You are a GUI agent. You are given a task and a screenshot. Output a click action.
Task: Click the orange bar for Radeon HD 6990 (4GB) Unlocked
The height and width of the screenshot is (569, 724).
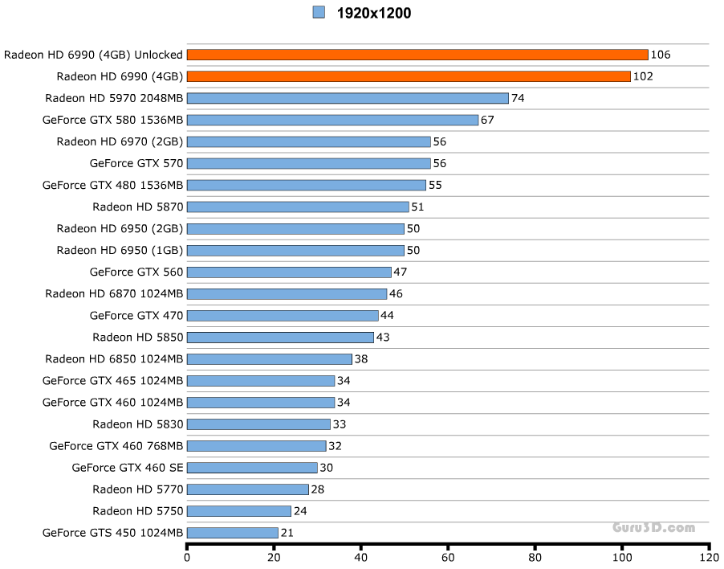[x=417, y=55]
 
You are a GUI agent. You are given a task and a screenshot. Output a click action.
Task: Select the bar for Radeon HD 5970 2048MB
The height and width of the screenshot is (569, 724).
[x=348, y=98]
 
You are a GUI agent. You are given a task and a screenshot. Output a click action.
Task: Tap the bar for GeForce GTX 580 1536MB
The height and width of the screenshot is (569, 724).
[x=332, y=120]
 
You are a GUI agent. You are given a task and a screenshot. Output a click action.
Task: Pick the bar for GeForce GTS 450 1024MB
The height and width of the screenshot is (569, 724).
[x=233, y=533]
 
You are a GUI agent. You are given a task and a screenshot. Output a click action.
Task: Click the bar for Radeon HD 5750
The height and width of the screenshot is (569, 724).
[x=239, y=511]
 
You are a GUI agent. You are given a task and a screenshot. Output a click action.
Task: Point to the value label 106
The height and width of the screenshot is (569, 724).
[x=661, y=55]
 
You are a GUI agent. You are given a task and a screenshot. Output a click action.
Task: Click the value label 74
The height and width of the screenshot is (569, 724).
[x=518, y=98]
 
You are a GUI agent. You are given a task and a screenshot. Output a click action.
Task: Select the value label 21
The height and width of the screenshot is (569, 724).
[x=287, y=533]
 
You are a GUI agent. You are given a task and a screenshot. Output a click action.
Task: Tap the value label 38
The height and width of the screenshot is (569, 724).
[x=361, y=359]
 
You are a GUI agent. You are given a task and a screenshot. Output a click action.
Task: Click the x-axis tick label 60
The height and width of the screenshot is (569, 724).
[x=448, y=556]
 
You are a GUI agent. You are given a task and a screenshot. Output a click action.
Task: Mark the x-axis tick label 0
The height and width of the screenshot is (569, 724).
[x=187, y=556]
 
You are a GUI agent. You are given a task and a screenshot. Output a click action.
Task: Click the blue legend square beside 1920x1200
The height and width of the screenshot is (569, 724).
[x=319, y=12]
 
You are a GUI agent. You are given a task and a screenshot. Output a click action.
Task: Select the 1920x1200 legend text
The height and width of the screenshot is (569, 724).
[x=373, y=13]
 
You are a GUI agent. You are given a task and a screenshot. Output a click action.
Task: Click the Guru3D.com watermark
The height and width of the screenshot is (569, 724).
[x=653, y=528]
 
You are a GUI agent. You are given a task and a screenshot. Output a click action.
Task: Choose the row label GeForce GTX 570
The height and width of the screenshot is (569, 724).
[x=136, y=163]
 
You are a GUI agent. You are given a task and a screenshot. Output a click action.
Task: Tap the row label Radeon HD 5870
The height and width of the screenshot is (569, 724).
[x=138, y=207]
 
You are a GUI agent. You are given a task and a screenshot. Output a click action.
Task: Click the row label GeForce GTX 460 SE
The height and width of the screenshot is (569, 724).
[x=128, y=468]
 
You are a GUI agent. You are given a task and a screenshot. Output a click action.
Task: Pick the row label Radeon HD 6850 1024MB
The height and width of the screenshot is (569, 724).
[x=115, y=359]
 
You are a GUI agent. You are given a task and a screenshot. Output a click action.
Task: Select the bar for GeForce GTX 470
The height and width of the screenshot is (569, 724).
[x=283, y=316]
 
